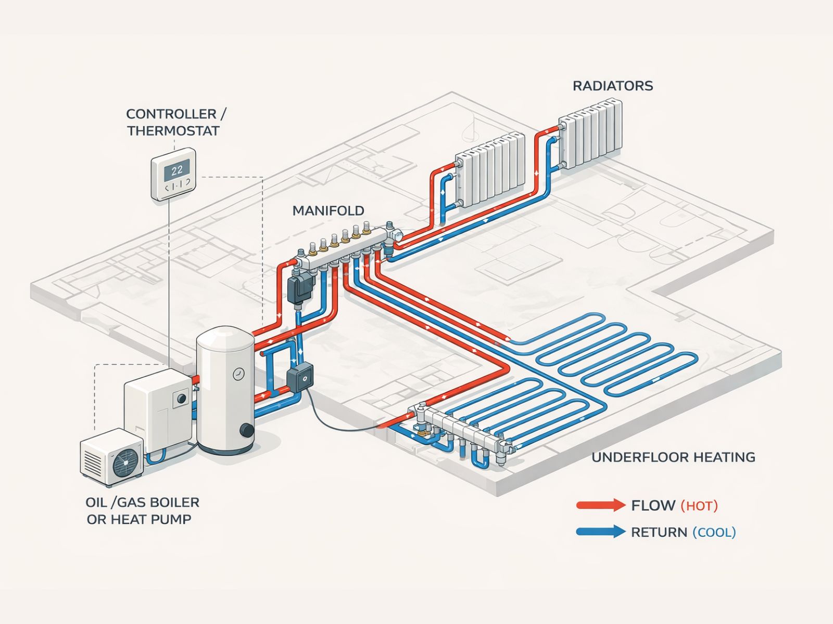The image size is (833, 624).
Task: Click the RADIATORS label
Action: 612,86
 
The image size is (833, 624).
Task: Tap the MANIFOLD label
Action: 328,211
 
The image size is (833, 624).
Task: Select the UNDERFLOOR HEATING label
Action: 673,457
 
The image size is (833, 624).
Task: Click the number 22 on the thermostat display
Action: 177,170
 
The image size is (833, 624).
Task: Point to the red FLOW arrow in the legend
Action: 600,505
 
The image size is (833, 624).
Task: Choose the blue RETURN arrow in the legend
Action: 600,531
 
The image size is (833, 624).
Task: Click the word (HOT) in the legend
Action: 699,505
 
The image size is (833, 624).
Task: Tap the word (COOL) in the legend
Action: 714,532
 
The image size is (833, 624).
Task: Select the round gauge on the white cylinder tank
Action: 238,373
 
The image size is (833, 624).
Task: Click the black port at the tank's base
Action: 246,431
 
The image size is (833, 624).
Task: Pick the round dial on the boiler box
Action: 182,398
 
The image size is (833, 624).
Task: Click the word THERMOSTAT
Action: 173,131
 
